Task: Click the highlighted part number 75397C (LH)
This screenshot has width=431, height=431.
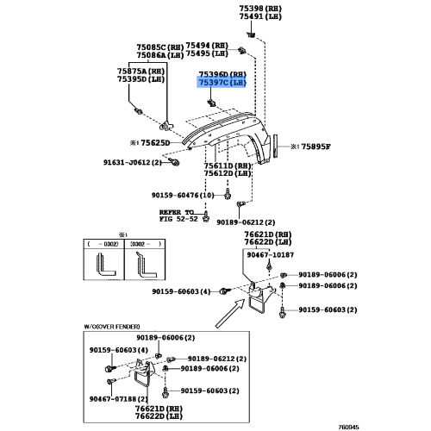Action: pyautogui.click(x=222, y=83)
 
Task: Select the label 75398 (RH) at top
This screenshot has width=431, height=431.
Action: pyautogui.click(x=260, y=9)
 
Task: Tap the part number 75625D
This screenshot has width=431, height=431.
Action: pyautogui.click(x=155, y=143)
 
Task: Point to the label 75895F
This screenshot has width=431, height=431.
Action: pyautogui.click(x=315, y=147)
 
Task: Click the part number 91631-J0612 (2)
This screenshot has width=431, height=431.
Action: pyautogui.click(x=133, y=162)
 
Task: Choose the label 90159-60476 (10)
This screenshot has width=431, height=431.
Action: pyautogui.click(x=183, y=196)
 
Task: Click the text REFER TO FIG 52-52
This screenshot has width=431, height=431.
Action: pyautogui.click(x=178, y=215)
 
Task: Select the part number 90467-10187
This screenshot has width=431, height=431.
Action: pyautogui.click(x=271, y=255)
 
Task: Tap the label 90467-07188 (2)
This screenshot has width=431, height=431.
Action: pyautogui.click(x=118, y=399)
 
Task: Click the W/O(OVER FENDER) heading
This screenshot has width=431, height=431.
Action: pyautogui.click(x=112, y=327)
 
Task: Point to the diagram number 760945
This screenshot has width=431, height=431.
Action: pyautogui.click(x=348, y=428)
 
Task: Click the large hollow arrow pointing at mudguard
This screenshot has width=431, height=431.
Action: pyautogui.click(x=229, y=313)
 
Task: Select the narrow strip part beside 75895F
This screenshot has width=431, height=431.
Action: pyautogui.click(x=276, y=146)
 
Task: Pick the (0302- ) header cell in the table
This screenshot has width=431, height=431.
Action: pyautogui.click(x=146, y=244)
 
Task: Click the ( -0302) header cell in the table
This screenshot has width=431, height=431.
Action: pyautogui.click(x=103, y=244)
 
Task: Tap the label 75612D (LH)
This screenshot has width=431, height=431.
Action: pyautogui.click(x=228, y=173)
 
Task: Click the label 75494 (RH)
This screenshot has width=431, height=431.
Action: pyautogui.click(x=207, y=46)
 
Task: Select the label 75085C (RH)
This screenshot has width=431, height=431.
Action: pyautogui.click(x=159, y=47)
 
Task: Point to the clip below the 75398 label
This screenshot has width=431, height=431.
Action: pyautogui.click(x=251, y=35)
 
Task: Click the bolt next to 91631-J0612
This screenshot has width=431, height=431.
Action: pyautogui.click(x=174, y=162)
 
